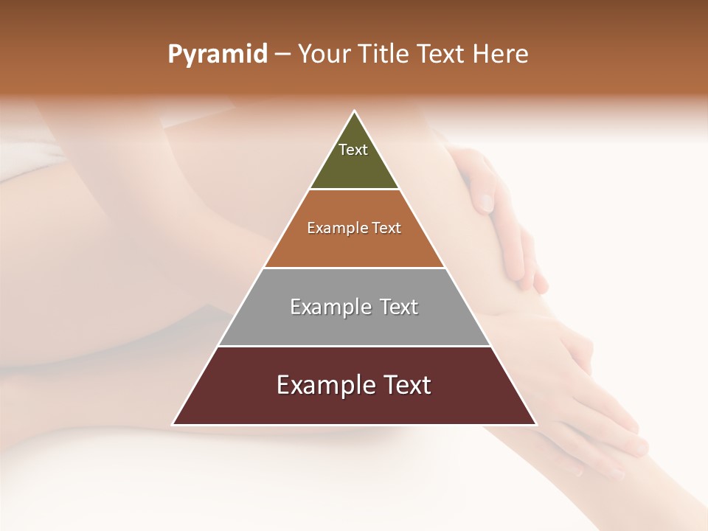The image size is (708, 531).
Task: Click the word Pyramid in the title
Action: click(217, 55)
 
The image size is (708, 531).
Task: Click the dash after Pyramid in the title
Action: click(282, 55)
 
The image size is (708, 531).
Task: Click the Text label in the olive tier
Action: click(353, 150)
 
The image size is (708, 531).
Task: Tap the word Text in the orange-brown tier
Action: click(387, 229)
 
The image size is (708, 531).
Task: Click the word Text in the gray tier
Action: click(399, 307)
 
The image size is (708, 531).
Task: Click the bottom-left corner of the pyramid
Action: click(173, 424)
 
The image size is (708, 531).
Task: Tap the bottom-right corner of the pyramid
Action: click(535, 424)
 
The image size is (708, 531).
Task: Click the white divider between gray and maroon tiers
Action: click(354, 346)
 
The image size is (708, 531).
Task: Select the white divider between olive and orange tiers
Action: click(354, 190)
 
